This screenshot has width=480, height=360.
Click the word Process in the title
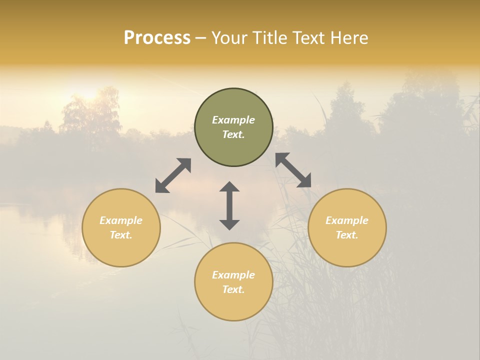point(157,38)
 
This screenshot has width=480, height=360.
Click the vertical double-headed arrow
point(229,205)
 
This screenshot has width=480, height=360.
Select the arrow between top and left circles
point(173,175)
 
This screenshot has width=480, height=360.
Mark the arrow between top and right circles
point(293,170)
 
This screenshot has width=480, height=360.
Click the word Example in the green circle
point(233,120)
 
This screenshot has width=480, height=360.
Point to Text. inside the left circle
point(121,235)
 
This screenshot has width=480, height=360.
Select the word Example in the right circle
point(347,220)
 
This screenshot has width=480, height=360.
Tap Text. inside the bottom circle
point(233,289)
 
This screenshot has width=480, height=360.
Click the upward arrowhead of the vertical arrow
point(229,186)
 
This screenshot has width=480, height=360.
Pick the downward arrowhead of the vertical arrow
point(229,224)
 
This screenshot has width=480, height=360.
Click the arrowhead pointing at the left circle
point(161,187)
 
